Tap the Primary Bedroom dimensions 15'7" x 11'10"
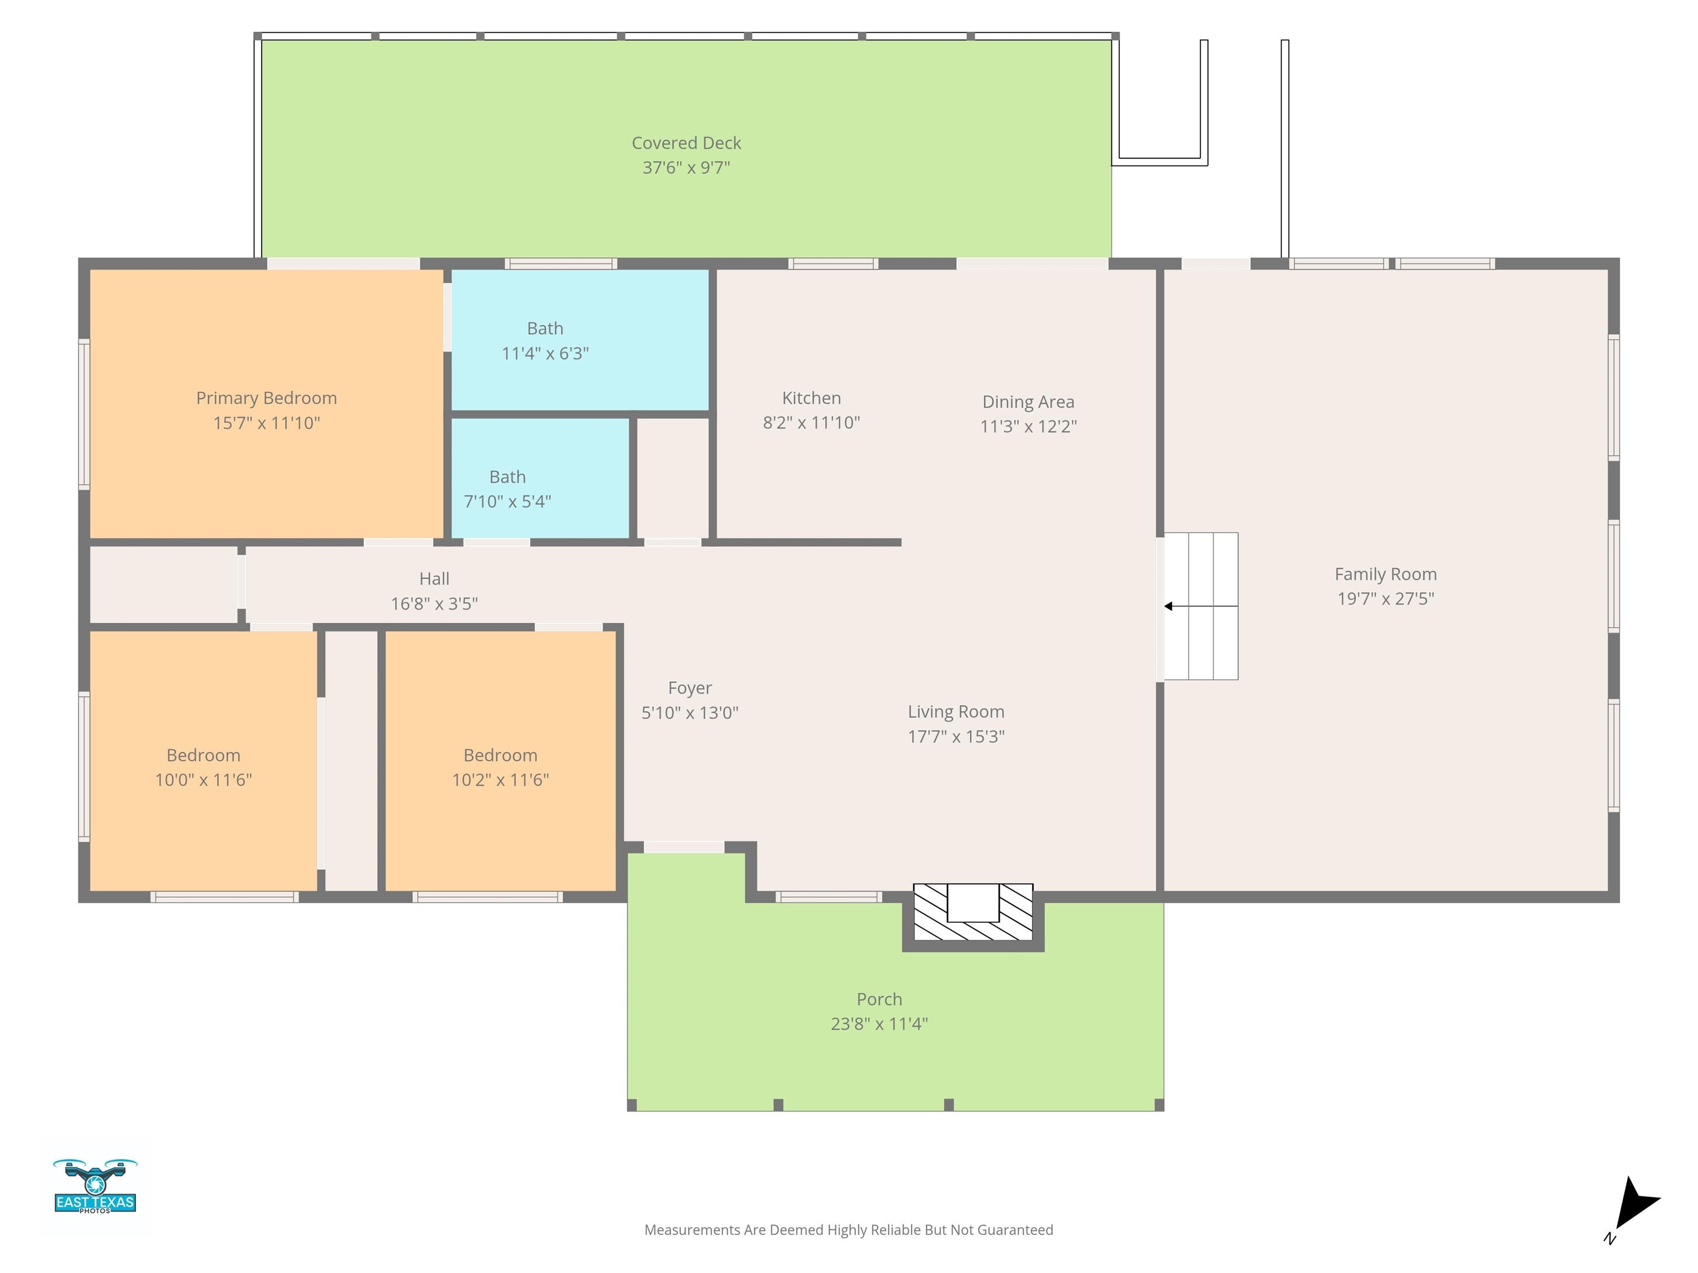(x=266, y=423)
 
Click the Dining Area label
(x=1028, y=402)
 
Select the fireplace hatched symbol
(x=973, y=913)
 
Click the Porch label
(x=879, y=999)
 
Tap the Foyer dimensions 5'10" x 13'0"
(x=689, y=713)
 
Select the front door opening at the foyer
(x=683, y=847)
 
